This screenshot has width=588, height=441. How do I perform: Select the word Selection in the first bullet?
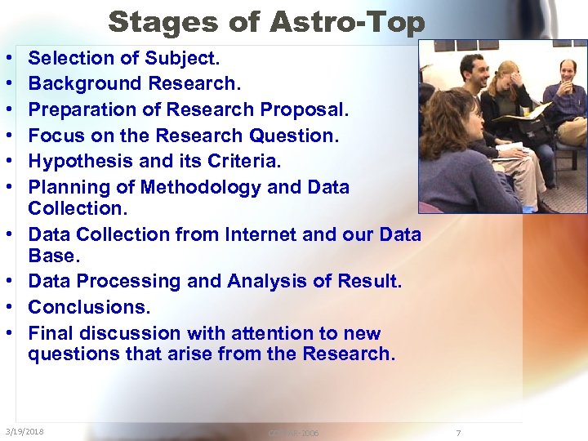pos(71,58)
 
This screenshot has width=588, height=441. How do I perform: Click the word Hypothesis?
pos(83,162)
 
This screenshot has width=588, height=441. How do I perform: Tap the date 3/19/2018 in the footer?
pos(24,431)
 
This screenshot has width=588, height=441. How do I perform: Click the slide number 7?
pos(458,433)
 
